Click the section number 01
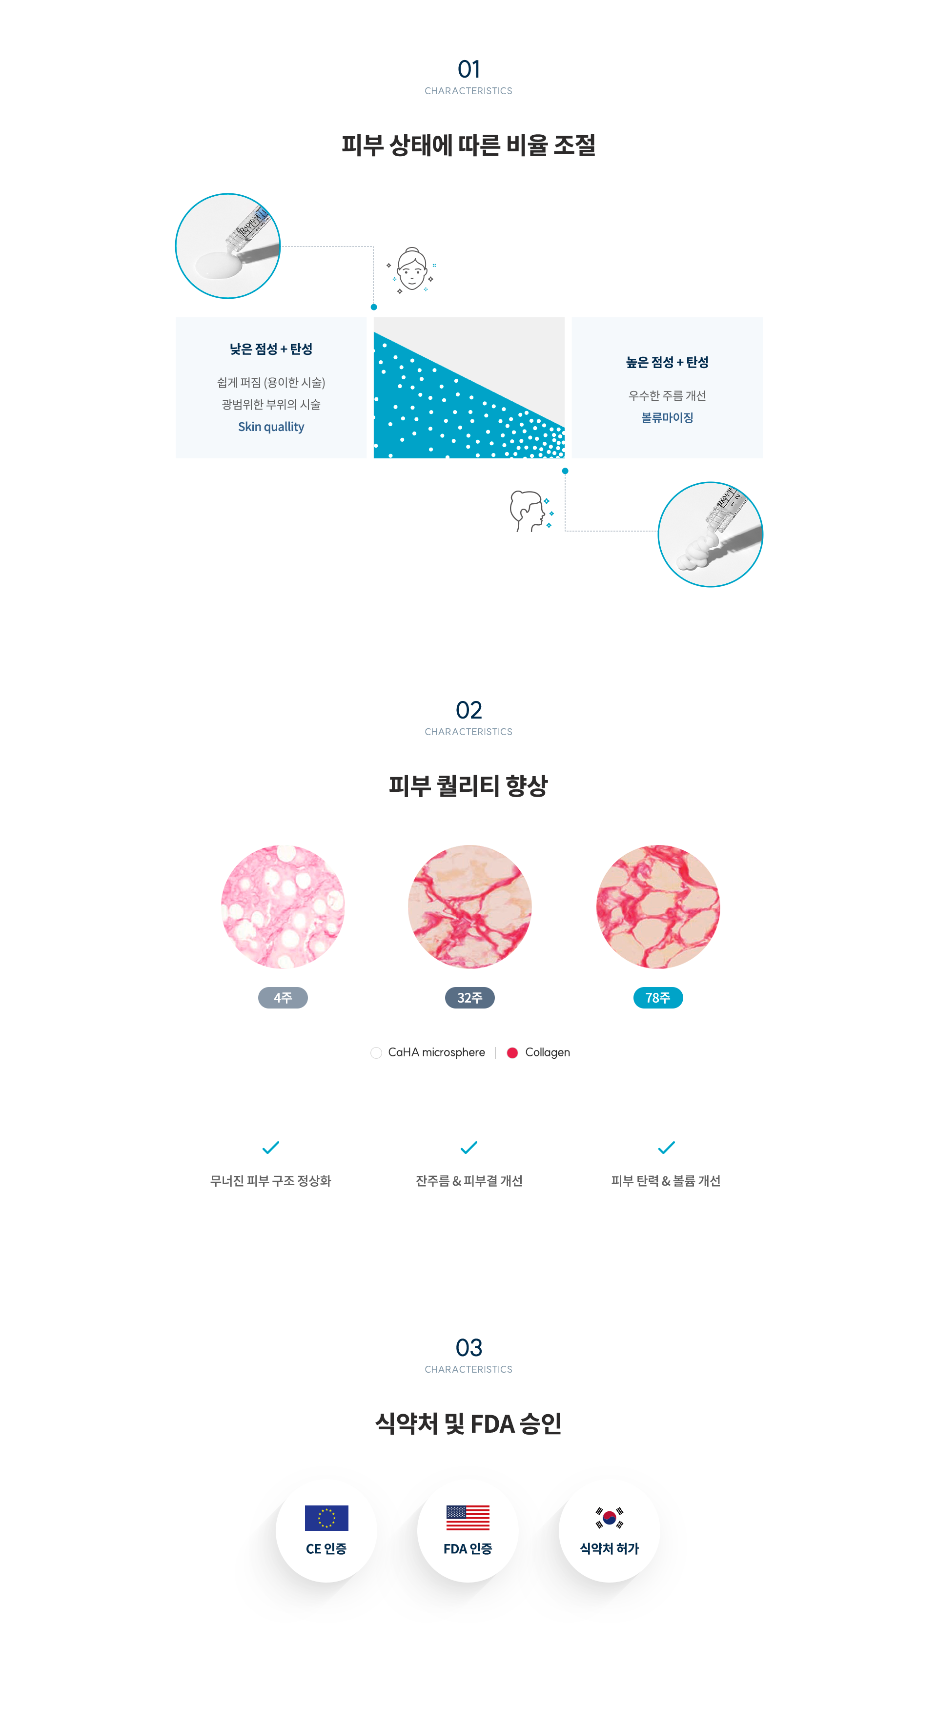point(468,68)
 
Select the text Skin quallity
point(271,427)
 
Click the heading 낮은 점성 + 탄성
point(271,349)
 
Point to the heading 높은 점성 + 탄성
point(667,362)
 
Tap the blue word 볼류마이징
point(667,417)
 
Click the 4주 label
point(283,998)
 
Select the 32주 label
point(469,998)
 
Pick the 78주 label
point(658,998)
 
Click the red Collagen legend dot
point(512,1053)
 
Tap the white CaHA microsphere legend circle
point(376,1053)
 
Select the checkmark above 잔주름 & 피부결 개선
point(469,1147)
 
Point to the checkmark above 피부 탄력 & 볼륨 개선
point(667,1147)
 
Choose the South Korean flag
point(610,1517)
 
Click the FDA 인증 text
point(468,1548)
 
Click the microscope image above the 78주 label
point(658,906)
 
